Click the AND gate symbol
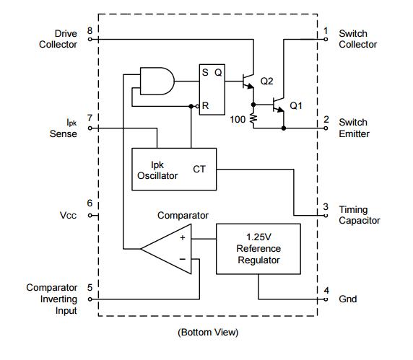(157, 81)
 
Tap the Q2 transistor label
(266, 81)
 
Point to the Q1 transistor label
(296, 105)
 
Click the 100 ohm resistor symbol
(253, 119)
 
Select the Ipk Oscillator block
(174, 170)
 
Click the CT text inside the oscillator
(199, 170)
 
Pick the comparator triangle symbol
(167, 249)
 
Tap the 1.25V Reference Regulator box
(258, 249)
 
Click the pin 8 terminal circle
(90, 40)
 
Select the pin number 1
(326, 31)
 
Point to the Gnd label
(348, 299)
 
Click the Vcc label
(68, 216)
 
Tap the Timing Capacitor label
(360, 215)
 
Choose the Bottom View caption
(208, 333)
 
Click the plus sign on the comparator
(183, 238)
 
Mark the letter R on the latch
(206, 106)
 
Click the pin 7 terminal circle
(90, 128)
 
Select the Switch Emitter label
(354, 128)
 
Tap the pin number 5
(90, 288)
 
